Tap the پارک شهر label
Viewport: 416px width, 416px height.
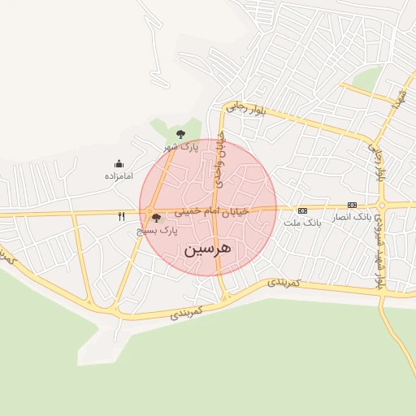(x=180, y=148)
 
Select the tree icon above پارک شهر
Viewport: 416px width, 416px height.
(x=180, y=134)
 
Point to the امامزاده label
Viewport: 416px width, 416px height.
(x=119, y=175)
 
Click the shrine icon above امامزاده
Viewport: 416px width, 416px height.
(x=119, y=163)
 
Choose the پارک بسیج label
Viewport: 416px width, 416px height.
(x=157, y=232)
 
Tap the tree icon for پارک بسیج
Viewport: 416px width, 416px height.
(x=155, y=218)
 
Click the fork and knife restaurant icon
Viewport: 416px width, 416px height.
(x=122, y=216)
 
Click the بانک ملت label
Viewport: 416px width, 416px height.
(x=302, y=221)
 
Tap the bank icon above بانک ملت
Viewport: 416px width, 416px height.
(x=302, y=210)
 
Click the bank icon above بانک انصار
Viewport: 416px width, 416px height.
(x=352, y=205)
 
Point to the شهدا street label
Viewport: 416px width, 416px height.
(x=397, y=98)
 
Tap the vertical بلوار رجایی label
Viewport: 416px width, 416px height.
(x=377, y=162)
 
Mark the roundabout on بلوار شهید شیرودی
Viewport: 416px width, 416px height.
(x=381, y=206)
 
